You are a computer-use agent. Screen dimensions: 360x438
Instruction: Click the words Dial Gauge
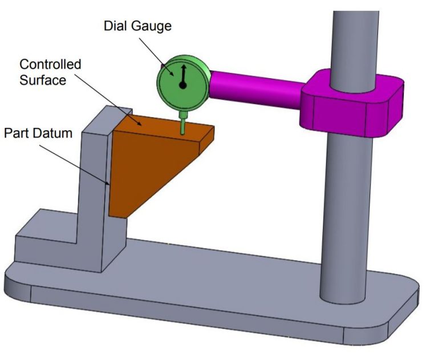tap(137, 26)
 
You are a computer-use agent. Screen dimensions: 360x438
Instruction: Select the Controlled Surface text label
tap(51, 71)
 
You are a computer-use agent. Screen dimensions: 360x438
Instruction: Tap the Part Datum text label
tap(39, 134)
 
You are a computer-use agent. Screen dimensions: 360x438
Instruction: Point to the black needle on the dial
tap(183, 76)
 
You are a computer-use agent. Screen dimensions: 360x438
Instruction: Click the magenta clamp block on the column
tap(348, 106)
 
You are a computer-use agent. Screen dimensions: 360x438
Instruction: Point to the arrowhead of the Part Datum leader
tap(109, 184)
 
